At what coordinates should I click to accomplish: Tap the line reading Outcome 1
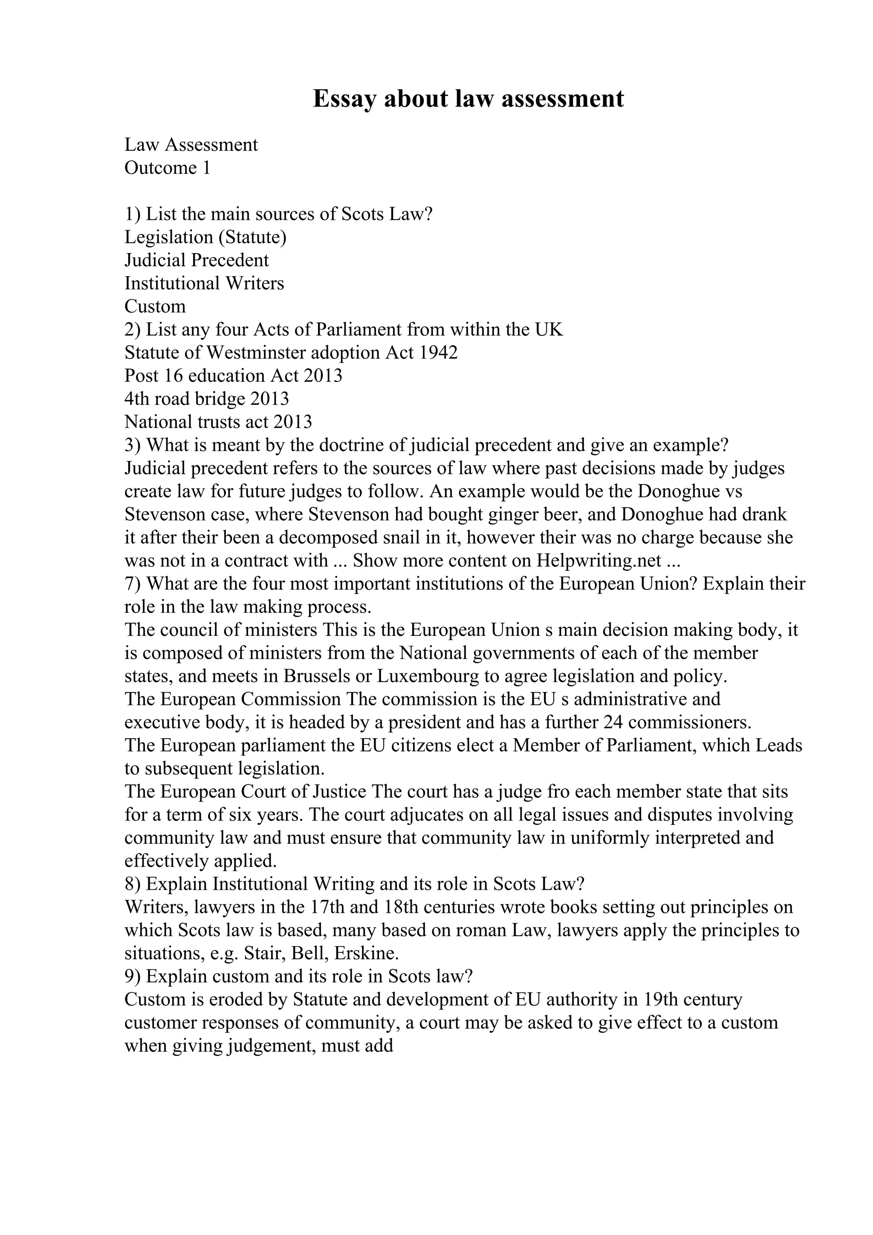tap(167, 168)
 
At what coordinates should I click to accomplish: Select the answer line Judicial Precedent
tap(197, 260)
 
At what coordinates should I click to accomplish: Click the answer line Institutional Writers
tap(204, 283)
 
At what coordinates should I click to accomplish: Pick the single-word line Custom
tap(155, 306)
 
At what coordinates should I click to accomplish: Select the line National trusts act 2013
tap(218, 422)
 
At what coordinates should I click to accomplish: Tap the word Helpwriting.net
tap(598, 560)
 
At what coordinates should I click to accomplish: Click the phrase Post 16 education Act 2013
tap(233, 376)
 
